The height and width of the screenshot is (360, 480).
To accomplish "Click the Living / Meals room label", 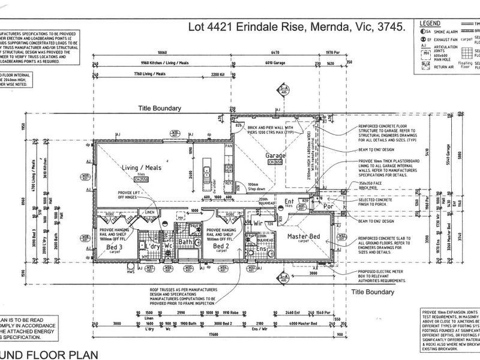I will click(x=141, y=168).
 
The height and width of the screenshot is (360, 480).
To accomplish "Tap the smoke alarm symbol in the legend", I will click(x=425, y=31).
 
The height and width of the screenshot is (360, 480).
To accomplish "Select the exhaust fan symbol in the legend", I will click(x=425, y=38).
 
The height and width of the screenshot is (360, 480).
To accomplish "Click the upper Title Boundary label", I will click(x=160, y=108).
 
